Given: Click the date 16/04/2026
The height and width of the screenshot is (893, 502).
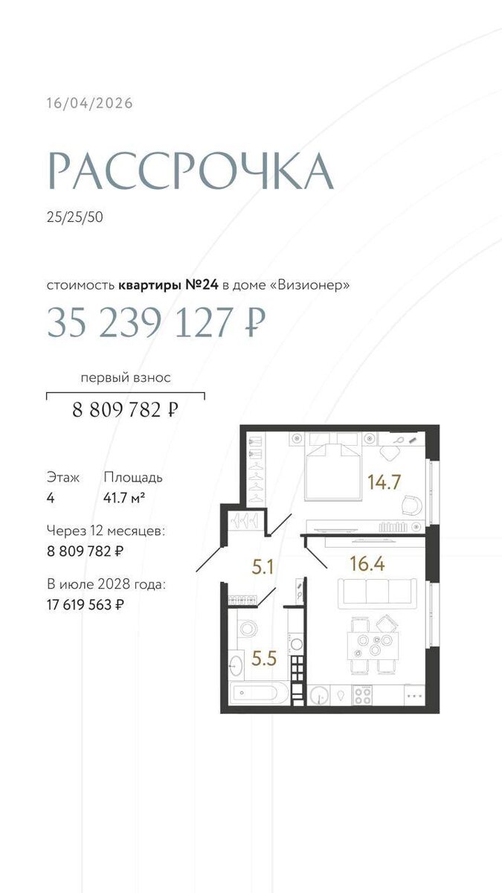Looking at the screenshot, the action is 90,103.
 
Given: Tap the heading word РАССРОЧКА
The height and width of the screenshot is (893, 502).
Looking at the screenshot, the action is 190,171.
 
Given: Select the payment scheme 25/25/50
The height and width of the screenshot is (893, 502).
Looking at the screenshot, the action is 74,217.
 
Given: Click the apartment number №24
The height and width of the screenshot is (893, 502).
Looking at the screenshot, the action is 202,285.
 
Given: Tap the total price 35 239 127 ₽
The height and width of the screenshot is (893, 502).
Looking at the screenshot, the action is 157,322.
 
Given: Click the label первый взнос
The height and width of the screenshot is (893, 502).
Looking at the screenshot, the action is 126,377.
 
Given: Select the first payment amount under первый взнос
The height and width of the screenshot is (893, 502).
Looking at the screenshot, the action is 125,409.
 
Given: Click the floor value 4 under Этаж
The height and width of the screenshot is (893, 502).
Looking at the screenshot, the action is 51,498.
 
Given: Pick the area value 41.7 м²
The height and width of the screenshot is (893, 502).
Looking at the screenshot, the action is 124,498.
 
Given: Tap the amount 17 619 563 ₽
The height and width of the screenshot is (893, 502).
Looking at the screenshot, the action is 86,605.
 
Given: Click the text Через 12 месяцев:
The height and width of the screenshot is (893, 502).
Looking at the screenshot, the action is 106,531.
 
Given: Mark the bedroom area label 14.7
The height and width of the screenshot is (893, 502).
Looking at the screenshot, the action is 384,482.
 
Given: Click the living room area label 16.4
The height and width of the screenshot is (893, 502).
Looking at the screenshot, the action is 367,564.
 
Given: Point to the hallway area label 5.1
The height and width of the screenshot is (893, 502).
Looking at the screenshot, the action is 263,567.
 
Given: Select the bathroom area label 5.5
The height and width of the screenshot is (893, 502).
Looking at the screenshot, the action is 264,659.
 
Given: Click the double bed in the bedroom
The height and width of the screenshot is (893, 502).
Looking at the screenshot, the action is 332,467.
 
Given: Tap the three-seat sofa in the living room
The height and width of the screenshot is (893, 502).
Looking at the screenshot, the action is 377,594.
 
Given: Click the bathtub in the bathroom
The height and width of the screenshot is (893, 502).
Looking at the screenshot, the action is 259,693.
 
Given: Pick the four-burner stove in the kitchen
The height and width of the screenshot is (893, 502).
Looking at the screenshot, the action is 362,695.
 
